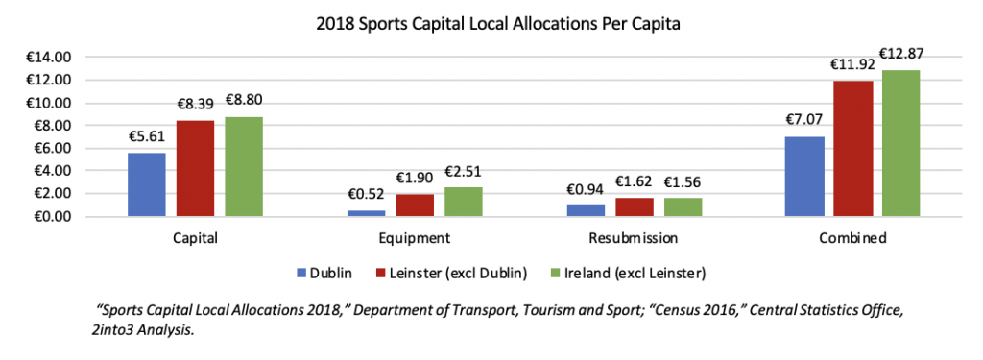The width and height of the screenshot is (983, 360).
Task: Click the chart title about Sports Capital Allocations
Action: tap(498, 25)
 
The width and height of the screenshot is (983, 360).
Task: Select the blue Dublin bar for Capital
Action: tap(147, 185)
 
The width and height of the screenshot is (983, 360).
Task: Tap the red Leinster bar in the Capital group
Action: tap(196, 169)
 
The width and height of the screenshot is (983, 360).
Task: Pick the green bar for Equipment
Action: tap(464, 203)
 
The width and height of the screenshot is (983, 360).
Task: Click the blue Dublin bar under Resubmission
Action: tap(587, 211)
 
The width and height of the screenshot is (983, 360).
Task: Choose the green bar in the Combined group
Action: tap(900, 144)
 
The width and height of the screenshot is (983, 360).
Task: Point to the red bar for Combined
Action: tap(853, 149)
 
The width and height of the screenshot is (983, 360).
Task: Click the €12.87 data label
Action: tap(901, 54)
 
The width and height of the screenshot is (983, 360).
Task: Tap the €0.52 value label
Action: tap(367, 195)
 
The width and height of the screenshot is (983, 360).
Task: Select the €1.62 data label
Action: tap(634, 181)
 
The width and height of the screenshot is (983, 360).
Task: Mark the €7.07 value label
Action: tap(805, 119)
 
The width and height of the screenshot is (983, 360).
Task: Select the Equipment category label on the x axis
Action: tap(415, 239)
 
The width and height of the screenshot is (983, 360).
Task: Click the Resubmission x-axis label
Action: tap(634, 239)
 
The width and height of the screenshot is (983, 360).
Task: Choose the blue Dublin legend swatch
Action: tap(300, 274)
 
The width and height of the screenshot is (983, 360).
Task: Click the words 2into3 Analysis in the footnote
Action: tap(142, 331)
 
